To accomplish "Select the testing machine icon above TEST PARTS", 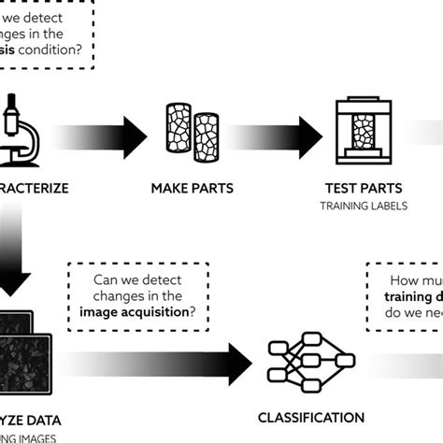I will [x=363, y=133].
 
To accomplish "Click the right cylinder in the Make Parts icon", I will [x=206, y=129].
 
